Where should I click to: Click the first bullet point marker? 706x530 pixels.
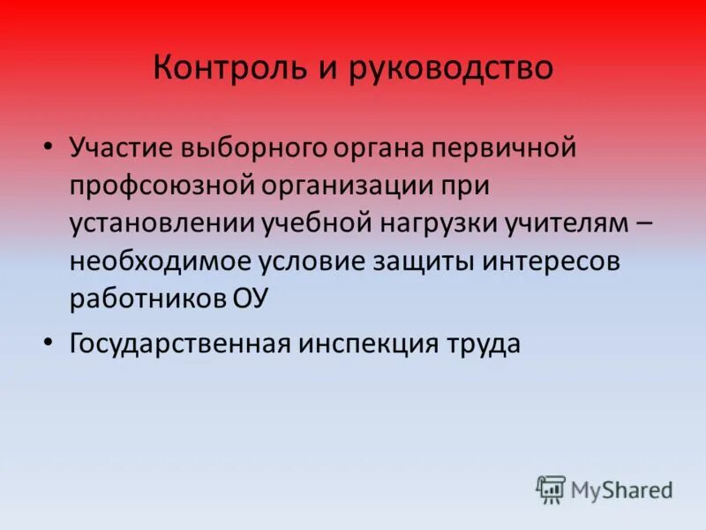click(49, 146)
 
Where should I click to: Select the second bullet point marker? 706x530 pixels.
click(49, 342)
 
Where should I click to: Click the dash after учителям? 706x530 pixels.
click(644, 224)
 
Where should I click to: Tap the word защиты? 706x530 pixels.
click(418, 262)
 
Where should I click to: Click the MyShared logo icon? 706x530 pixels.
click(551, 488)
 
